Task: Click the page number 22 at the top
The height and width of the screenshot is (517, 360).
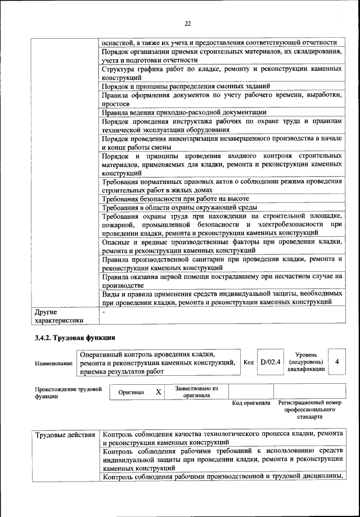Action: (x=188, y=23)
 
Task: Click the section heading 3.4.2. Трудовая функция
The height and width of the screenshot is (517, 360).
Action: (x=75, y=338)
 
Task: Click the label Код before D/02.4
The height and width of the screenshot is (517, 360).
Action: (x=249, y=362)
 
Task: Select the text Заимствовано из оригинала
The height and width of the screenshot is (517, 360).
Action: (x=196, y=392)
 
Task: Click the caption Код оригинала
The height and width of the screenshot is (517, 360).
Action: (x=251, y=403)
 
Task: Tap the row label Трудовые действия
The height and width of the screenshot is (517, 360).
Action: (x=65, y=435)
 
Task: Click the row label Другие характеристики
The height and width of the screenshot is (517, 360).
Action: (x=59, y=316)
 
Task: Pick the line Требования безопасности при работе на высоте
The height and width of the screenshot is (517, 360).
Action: (x=175, y=199)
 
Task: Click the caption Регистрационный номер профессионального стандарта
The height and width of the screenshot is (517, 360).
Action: (x=310, y=410)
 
